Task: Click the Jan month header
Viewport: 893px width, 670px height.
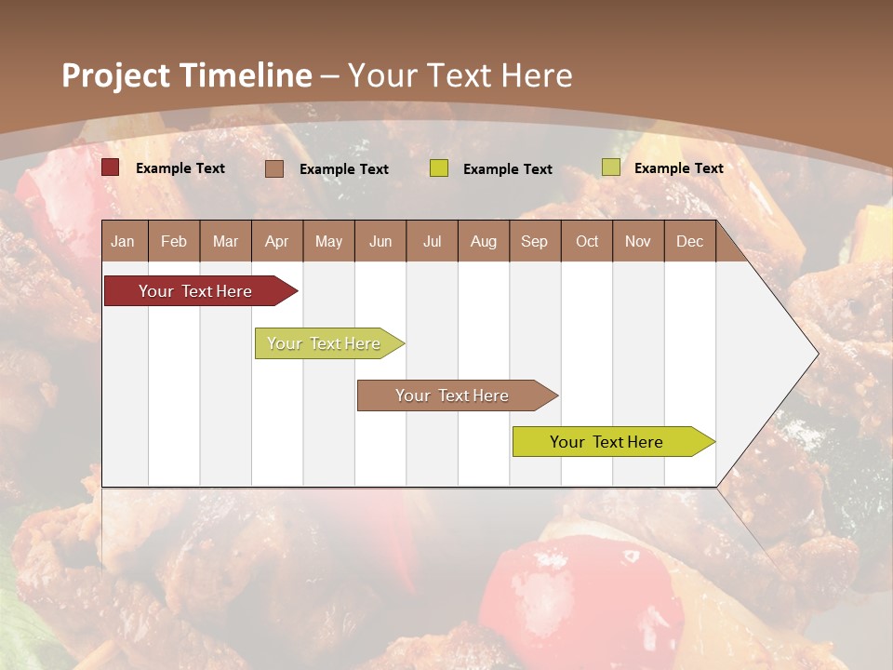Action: coord(123,242)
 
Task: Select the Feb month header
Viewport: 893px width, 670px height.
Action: coord(174,242)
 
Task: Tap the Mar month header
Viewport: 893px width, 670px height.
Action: coord(225,242)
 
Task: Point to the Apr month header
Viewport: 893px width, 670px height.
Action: coord(277,242)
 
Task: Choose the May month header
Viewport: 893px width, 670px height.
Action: coord(328,242)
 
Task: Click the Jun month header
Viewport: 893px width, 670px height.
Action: coord(380,242)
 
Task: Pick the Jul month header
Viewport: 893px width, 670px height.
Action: coord(432,242)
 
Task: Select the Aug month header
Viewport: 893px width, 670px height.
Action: coord(484,242)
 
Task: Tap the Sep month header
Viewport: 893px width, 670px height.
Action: coord(535,242)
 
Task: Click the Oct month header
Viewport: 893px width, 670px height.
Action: coord(587,242)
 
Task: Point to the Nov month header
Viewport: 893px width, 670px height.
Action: coord(638,242)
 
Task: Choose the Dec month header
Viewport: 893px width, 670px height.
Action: coord(690,242)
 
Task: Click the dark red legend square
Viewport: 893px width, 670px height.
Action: coord(111,167)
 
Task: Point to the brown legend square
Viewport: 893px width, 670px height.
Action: coord(274,168)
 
